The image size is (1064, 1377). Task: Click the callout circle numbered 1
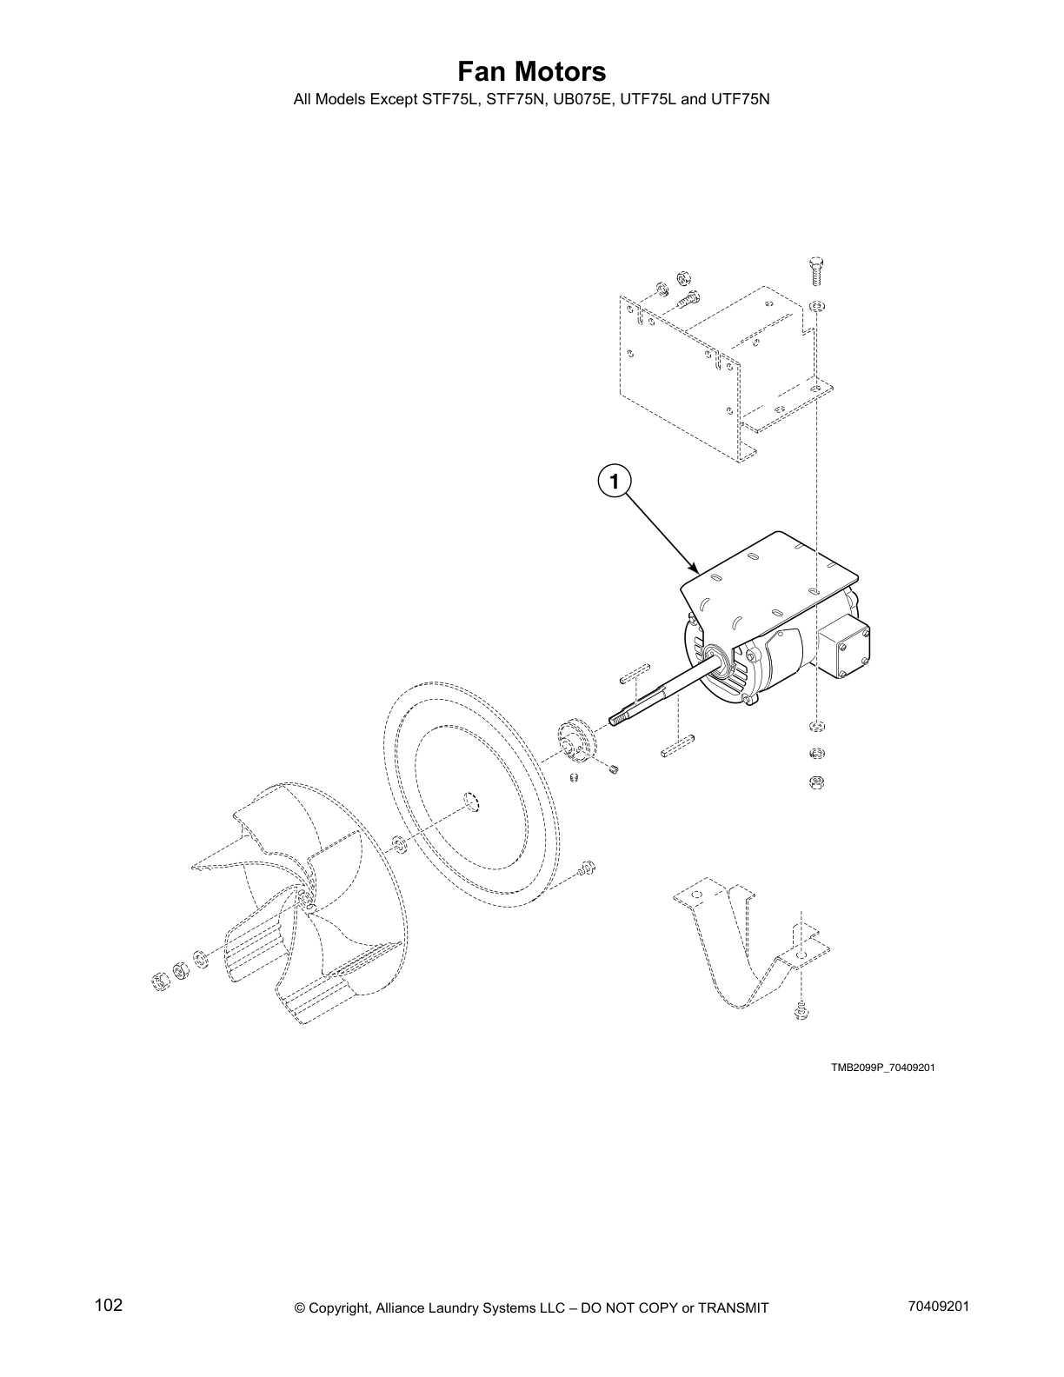pos(614,480)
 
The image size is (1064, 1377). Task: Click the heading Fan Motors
pos(531,71)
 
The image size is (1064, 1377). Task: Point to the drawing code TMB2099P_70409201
pos(881,1068)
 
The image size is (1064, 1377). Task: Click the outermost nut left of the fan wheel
pos(160,981)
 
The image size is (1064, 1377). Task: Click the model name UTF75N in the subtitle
pos(741,99)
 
